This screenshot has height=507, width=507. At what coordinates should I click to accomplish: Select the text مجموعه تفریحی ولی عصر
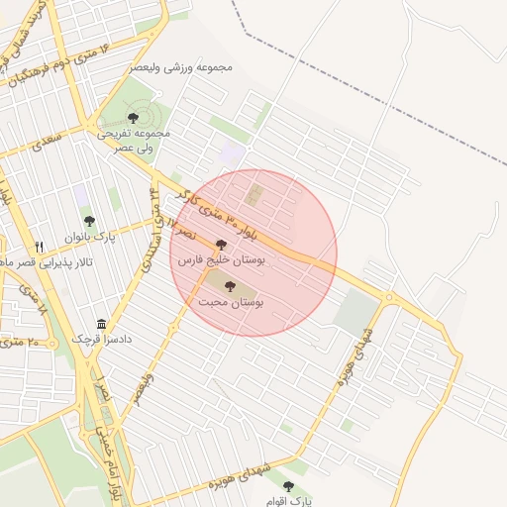click(x=134, y=139)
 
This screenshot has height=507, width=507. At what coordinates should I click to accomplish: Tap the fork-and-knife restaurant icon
click(x=40, y=247)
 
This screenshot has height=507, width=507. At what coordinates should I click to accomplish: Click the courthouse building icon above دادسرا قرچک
click(x=101, y=324)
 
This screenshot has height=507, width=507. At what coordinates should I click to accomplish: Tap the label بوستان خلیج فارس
click(x=220, y=258)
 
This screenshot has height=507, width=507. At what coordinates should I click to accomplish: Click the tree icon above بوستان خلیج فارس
click(x=220, y=243)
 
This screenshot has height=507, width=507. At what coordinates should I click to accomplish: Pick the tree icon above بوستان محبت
click(x=231, y=286)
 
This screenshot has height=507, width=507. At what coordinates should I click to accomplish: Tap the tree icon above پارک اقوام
click(x=288, y=485)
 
